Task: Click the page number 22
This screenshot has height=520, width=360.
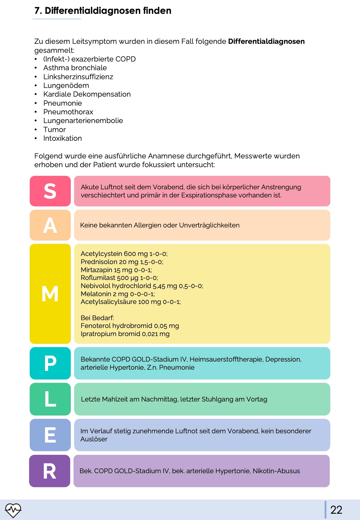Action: [x=336, y=510]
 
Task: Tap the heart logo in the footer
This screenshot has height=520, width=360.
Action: [x=13, y=510]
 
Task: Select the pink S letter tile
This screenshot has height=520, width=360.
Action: [x=50, y=191]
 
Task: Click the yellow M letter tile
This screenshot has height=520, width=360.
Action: [x=50, y=294]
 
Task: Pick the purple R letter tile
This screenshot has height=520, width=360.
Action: [x=49, y=471]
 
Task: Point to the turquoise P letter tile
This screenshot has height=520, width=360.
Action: [x=50, y=363]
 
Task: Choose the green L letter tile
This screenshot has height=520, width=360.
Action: [x=50, y=399]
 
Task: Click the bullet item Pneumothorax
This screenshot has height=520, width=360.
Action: [x=68, y=112]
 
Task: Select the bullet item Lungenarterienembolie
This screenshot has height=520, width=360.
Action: [x=83, y=121]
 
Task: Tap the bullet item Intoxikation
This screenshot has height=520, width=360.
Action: [x=62, y=138]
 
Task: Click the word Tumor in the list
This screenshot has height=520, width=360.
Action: [x=54, y=130]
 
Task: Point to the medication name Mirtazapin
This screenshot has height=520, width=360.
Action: [x=96, y=270]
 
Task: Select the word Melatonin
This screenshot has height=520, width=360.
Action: [x=96, y=294]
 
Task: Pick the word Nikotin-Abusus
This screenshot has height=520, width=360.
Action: [x=276, y=471]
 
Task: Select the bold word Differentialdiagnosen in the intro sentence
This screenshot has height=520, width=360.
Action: [x=266, y=41]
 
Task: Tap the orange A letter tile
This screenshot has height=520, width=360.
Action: [x=50, y=225]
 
